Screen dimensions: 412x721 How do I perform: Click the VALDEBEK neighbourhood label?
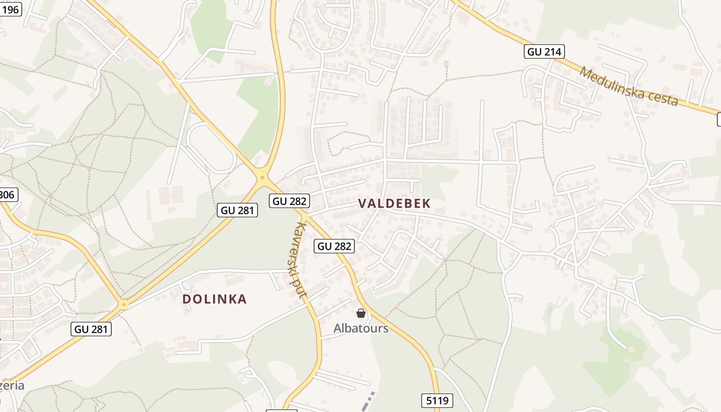click(x=394, y=203)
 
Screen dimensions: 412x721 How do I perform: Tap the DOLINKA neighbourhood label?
click(x=215, y=299)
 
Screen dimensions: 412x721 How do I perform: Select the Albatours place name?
click(x=361, y=328)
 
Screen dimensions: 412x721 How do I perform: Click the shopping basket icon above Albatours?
click(x=361, y=313)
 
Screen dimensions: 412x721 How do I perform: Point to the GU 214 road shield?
click(x=544, y=51)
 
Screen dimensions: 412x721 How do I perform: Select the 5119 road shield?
click(x=437, y=400)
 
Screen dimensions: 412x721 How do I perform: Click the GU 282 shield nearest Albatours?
click(x=334, y=246)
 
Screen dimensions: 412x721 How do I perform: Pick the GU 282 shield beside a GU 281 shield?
click(x=289, y=201)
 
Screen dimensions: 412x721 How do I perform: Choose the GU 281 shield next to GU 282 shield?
click(x=237, y=210)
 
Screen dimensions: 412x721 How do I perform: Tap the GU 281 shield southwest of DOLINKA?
click(x=91, y=329)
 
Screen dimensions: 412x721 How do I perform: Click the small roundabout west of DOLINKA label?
click(x=123, y=305)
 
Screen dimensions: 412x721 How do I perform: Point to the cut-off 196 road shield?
click(x=10, y=9)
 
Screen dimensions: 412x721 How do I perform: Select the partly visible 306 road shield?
click(x=8, y=195)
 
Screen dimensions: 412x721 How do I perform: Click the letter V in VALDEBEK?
click(x=362, y=203)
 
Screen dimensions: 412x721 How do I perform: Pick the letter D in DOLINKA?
click(x=186, y=299)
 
